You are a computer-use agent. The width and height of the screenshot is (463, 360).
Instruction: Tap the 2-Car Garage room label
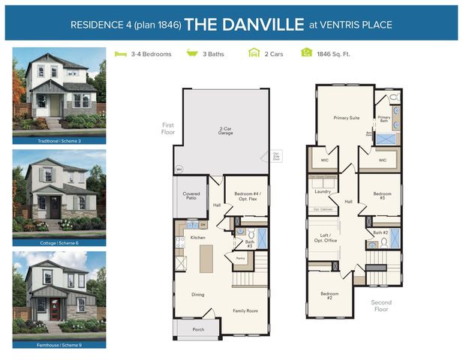coord(225,130)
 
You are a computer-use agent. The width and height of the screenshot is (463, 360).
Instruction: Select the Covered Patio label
coord(191,196)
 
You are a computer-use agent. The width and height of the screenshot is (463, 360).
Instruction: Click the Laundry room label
coord(323,191)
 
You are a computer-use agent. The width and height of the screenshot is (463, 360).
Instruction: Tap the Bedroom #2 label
coord(326,295)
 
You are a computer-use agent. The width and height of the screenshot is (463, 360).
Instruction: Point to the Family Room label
coord(245,310)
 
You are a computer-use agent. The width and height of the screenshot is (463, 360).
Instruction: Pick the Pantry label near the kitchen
coord(241,258)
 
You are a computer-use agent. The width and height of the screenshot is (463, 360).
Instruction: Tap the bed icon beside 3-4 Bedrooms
coord(119,54)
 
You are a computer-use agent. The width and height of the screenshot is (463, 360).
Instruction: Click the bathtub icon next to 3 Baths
coord(191,54)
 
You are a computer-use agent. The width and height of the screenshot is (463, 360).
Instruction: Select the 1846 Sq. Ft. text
coord(335,54)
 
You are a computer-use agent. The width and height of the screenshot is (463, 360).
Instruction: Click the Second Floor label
coord(380,306)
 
